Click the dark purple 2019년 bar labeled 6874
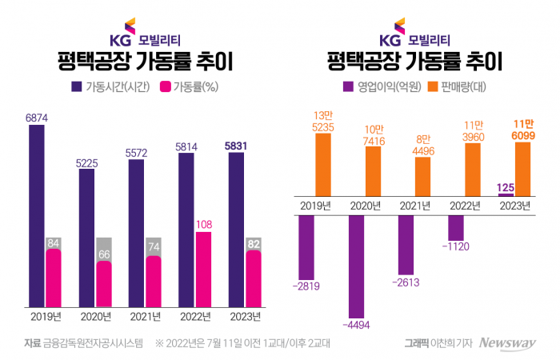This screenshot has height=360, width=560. [x=38, y=216]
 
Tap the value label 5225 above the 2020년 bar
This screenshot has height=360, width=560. [x=88, y=162]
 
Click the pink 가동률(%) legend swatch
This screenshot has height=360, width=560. [x=167, y=86]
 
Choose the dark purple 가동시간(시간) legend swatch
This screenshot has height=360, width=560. [x=78, y=86]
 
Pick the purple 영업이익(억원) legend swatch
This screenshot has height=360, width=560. [x=348, y=86]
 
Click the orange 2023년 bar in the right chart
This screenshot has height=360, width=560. [x=523, y=165]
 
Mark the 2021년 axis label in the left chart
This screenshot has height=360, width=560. [x=146, y=317]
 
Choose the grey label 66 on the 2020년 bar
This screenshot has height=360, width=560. [x=103, y=254]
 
